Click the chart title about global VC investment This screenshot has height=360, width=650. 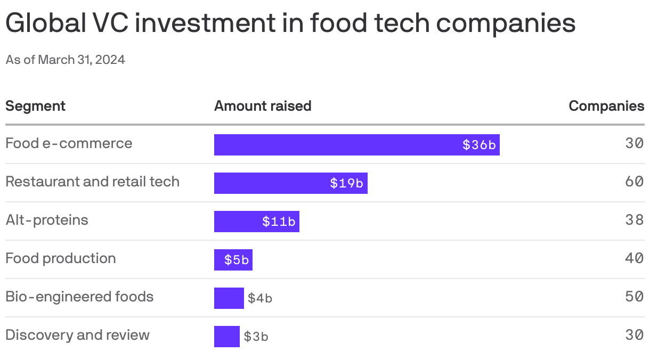(x=290, y=24)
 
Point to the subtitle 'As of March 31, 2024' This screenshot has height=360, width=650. (x=66, y=60)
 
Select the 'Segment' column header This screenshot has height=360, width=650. (x=35, y=106)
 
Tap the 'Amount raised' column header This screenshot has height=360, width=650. (x=263, y=106)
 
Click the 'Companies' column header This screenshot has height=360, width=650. (x=606, y=106)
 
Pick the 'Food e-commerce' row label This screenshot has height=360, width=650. (x=69, y=143)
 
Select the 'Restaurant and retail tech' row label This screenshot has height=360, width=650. (x=92, y=182)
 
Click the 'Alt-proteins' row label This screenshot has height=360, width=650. (x=47, y=220)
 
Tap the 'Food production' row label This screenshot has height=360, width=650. (x=60, y=258)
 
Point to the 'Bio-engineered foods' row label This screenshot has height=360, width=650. (x=79, y=297)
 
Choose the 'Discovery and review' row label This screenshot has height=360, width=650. (x=77, y=335)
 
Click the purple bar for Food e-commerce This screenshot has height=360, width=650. (x=336, y=145)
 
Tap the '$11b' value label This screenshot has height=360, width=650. (x=279, y=222)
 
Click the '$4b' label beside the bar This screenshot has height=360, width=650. (x=260, y=298)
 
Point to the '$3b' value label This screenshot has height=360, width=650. (x=256, y=337)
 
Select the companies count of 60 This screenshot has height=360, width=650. (x=635, y=182)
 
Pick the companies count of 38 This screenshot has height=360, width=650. (x=635, y=220)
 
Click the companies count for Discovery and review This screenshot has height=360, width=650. (x=635, y=335)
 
